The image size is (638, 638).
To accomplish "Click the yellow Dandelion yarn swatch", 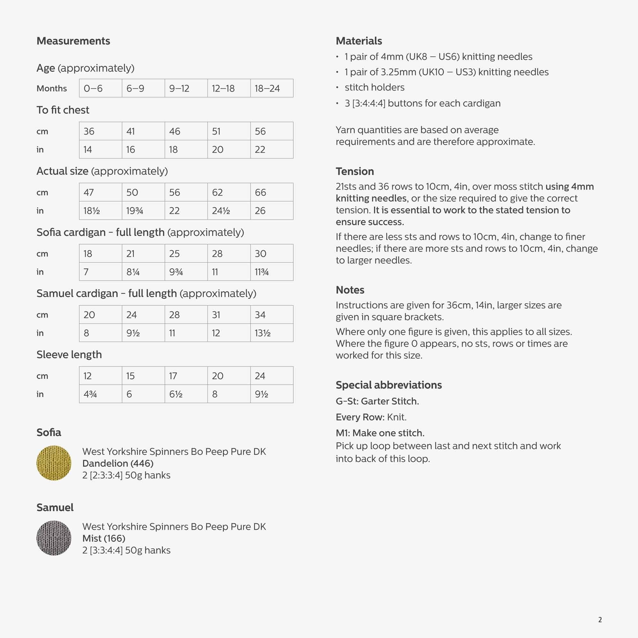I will [x=54, y=463].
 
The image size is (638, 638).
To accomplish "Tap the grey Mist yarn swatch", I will [x=54, y=538].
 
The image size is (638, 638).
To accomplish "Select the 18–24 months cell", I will [x=271, y=88].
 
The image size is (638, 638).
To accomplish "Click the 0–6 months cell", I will [x=100, y=88].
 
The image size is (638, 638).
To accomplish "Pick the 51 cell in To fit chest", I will [x=229, y=131].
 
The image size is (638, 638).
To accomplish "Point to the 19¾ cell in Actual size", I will [x=143, y=211].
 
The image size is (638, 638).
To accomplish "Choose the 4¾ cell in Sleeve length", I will [x=100, y=394].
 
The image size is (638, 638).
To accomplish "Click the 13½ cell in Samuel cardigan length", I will [x=271, y=333].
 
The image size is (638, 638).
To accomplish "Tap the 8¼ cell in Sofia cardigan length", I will [x=143, y=272].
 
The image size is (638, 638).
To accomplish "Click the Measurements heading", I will [x=73, y=41].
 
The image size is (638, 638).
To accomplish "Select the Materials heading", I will [x=359, y=41].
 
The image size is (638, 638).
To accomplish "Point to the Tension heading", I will [x=355, y=171].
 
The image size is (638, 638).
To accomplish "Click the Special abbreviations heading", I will [x=388, y=385].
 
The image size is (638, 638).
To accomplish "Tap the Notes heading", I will [x=350, y=290].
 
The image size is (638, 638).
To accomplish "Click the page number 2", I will [x=600, y=620].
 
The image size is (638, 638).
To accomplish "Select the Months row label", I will [x=51, y=88].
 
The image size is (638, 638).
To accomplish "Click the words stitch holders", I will [x=375, y=87].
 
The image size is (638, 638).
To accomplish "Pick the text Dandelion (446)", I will [x=118, y=463].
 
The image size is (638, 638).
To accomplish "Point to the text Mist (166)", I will [x=104, y=538].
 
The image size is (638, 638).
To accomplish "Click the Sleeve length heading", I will [x=69, y=355].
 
